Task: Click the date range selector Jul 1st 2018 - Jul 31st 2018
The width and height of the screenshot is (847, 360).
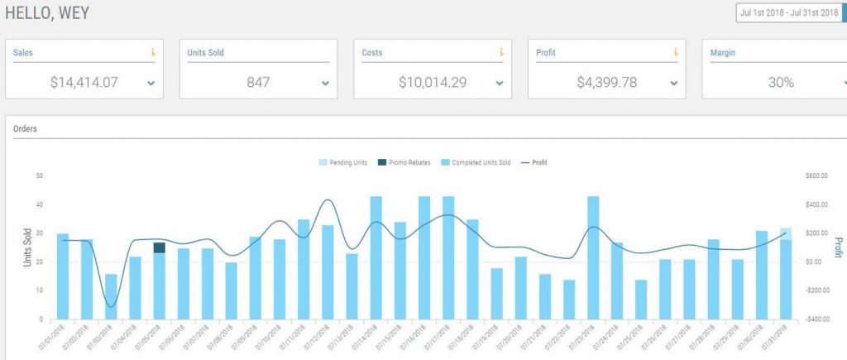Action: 789,13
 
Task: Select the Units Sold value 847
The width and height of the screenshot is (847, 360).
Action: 258,83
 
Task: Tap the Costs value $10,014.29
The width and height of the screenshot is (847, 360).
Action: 432,83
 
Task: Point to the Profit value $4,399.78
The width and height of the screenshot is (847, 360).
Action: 606,83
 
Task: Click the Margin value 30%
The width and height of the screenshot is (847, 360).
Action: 780,83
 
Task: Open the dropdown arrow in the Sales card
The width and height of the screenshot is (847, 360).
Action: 151,84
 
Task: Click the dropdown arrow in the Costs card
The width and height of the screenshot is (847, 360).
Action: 500,84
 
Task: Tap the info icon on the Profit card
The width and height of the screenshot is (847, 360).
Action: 675,53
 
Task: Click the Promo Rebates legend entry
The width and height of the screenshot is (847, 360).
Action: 403,162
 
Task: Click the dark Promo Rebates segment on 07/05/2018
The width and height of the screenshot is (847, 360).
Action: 159,247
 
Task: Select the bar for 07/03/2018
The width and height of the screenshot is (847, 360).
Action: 111,296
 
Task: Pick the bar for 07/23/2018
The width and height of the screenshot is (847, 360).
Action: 592,257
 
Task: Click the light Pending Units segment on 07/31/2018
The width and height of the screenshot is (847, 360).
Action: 785,233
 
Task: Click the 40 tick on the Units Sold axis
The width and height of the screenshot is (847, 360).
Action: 39,204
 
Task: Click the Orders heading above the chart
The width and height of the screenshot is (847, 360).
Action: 26,129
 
